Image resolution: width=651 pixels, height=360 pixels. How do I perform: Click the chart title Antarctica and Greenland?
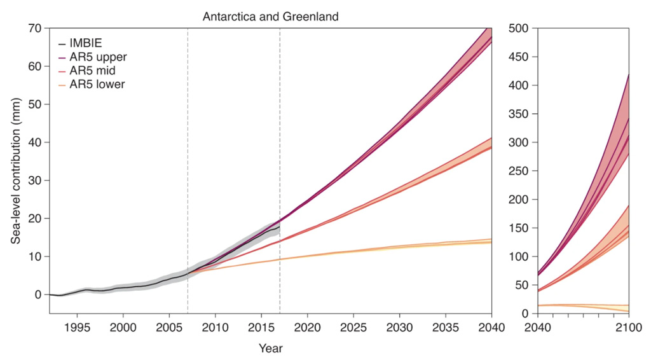270,17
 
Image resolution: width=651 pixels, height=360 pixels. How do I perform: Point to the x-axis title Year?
270,349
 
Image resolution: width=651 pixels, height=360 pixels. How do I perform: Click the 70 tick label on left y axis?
35,28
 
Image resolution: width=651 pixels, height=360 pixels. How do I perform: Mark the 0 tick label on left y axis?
38,294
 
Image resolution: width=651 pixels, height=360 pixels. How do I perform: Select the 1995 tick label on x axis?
77,327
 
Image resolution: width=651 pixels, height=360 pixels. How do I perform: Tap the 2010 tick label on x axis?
215,327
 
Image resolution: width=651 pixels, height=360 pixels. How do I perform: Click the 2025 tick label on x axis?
353,327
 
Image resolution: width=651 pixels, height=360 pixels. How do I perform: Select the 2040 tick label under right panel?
537,327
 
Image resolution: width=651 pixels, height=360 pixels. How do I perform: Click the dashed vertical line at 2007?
188,159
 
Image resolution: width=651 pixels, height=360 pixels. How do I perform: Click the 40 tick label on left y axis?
35,142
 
